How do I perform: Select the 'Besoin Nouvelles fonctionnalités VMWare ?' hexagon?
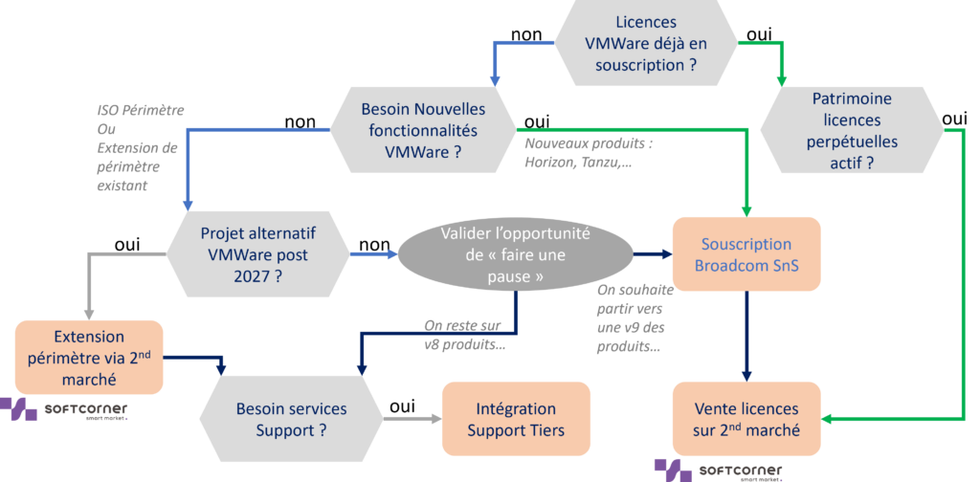pos(423,130)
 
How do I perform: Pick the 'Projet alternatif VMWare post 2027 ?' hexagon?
pos(258,254)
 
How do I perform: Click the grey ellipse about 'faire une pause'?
pos(515,254)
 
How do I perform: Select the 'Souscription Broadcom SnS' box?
pos(746,254)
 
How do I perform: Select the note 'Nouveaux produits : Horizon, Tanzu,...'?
pos(585,153)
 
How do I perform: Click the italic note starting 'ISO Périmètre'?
pos(140,148)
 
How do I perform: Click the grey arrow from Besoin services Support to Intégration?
pos(412,419)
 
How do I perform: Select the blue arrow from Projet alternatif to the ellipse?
pos(373,254)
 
